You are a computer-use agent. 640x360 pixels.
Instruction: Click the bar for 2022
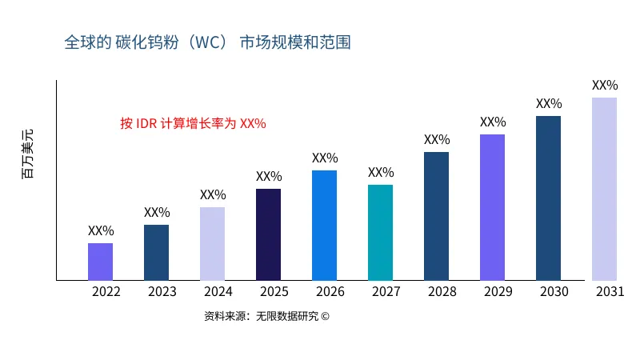(100, 262)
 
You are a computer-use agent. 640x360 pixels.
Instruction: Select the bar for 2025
(268, 234)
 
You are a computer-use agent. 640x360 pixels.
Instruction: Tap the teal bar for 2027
(380, 232)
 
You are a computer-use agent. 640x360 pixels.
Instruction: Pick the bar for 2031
(604, 189)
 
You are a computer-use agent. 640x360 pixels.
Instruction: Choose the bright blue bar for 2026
(324, 225)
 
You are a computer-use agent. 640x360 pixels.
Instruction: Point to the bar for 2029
(492, 207)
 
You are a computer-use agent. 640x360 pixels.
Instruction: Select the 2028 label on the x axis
(442, 292)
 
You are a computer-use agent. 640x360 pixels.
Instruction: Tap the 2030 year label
(554, 292)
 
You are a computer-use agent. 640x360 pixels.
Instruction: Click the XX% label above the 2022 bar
(101, 230)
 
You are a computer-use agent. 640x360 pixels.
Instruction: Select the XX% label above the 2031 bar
(605, 85)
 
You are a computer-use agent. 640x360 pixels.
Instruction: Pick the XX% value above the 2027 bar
(381, 172)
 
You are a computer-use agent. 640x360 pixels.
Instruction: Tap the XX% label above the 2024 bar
(213, 194)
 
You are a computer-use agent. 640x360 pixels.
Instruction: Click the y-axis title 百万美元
(28, 153)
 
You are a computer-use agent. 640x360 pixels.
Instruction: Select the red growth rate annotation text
(193, 123)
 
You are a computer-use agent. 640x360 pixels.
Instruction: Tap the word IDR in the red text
(147, 123)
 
